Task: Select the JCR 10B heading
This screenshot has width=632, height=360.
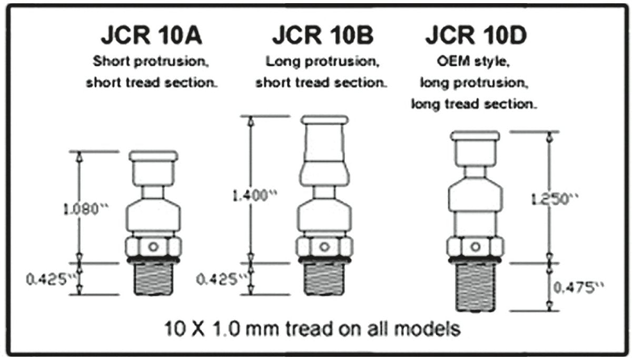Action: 322,36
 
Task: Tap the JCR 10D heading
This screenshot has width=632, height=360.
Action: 476,36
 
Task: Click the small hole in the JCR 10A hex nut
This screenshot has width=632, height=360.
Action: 153,246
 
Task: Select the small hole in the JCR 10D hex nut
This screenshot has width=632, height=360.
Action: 475,246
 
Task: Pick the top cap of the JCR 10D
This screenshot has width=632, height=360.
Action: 475,136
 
